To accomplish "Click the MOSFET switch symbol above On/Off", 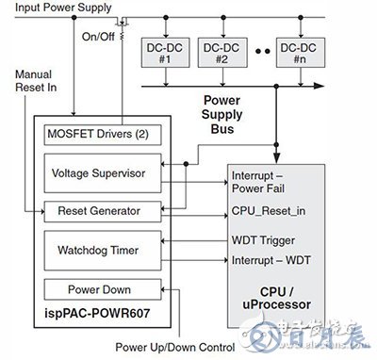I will click(119, 22).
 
